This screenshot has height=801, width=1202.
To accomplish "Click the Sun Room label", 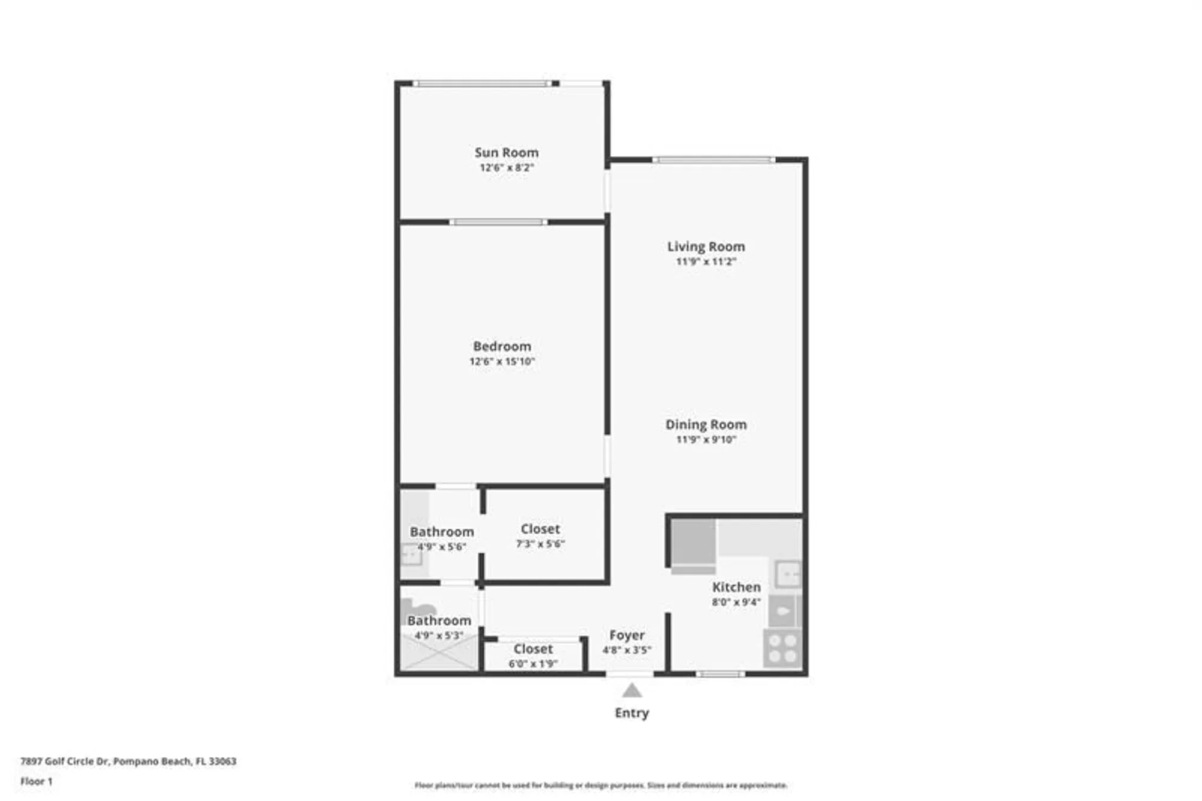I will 506,153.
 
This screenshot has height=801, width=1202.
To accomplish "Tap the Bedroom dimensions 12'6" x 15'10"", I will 502,361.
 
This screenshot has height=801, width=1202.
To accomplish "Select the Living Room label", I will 706,246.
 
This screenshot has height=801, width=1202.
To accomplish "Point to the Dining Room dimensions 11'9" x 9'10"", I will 706,439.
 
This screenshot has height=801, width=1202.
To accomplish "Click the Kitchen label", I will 736,587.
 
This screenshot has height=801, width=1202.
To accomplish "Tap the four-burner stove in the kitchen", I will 783,648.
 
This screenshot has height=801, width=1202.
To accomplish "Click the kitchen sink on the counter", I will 787,574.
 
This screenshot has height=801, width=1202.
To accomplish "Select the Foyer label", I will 626,635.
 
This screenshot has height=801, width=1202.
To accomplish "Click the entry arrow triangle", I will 631,691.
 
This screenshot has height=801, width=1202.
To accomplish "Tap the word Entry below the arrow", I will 631,713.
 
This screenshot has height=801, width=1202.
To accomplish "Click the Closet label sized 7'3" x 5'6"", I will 540,529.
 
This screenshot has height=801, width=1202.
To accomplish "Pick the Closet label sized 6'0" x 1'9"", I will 532,649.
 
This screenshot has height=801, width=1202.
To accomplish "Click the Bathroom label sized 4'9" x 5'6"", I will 442,532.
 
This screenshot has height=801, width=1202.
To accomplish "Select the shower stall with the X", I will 439,653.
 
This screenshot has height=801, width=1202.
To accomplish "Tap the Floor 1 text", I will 36,781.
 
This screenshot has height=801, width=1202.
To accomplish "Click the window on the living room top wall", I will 713,160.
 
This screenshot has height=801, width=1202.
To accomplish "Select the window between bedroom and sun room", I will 498,222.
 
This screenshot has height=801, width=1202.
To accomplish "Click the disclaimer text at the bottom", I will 600,785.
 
